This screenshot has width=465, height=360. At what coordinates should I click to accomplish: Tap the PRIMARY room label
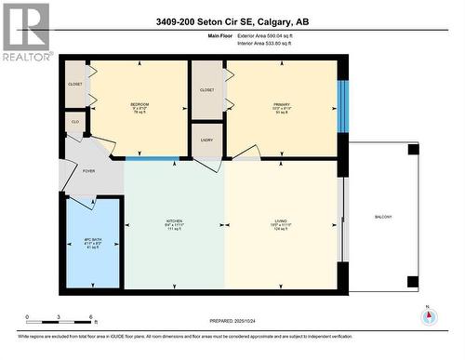point(282,103)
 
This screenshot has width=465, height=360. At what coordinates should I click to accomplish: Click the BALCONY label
point(383,217)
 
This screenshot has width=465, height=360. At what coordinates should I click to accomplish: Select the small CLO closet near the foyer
point(75,122)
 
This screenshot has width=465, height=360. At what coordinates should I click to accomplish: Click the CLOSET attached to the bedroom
point(75,85)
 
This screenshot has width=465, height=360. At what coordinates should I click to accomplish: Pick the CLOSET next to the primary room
point(207,90)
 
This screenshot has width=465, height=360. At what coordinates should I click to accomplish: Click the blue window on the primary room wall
point(342,106)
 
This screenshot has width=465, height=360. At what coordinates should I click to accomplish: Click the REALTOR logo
point(25,32)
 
